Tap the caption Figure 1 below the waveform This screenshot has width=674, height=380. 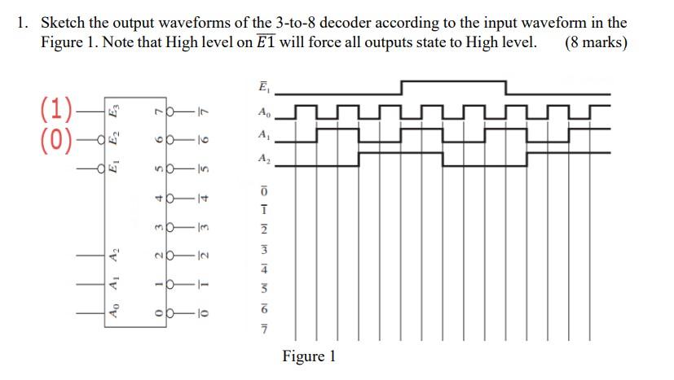tap(309, 356)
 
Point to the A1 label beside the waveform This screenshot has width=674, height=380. tap(262, 134)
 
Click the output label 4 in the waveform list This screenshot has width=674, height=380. tap(262, 267)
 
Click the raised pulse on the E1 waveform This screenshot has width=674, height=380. tap(452, 81)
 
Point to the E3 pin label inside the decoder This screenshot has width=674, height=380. tap(117, 108)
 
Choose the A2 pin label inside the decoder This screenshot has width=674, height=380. tap(117, 257)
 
